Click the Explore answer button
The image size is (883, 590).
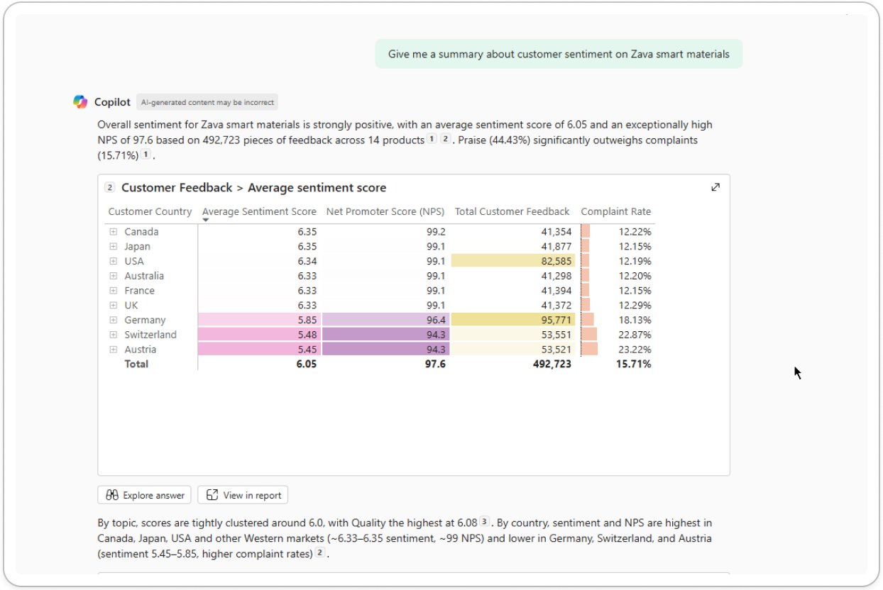(145, 495)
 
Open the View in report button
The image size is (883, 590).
(243, 495)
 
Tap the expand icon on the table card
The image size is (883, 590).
(715, 187)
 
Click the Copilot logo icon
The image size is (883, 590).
(80, 102)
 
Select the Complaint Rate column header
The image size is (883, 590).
(615, 211)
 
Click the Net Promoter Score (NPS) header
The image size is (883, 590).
(385, 211)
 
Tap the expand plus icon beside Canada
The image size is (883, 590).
(113, 232)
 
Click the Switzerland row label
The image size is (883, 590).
(150, 335)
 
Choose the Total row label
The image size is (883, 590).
(136, 364)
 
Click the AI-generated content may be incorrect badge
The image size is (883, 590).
(207, 102)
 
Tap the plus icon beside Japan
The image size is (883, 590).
(113, 247)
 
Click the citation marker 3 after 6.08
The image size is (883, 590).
(484, 522)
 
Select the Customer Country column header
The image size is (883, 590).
(150, 211)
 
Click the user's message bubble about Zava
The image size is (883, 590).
(559, 54)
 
